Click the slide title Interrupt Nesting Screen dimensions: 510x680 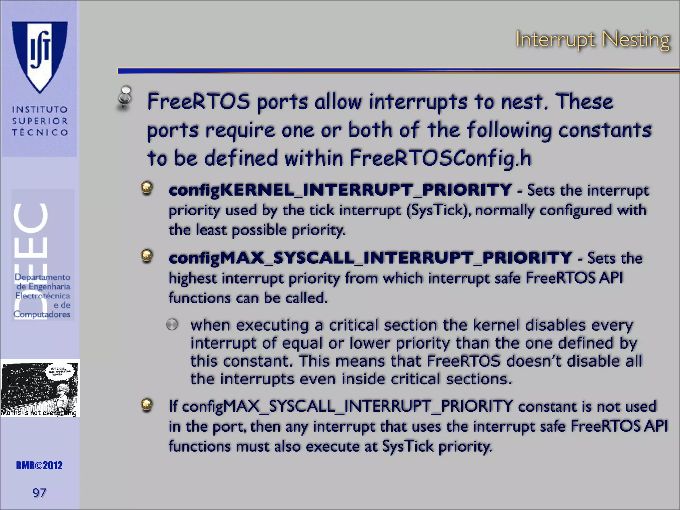click(592, 41)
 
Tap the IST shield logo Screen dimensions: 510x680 click(40, 56)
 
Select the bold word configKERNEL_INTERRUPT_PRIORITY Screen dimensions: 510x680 click(340, 190)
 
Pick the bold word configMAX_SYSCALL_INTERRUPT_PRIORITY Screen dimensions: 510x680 click(370, 258)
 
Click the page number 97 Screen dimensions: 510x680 click(39, 493)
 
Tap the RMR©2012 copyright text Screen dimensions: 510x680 click(39, 466)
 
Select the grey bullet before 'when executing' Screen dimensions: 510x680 click(172, 325)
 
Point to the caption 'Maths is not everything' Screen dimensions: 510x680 click(39, 413)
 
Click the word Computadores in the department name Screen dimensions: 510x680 click(42, 314)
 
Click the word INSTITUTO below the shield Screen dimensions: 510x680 click(40, 110)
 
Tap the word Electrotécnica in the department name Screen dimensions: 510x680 click(42, 296)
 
